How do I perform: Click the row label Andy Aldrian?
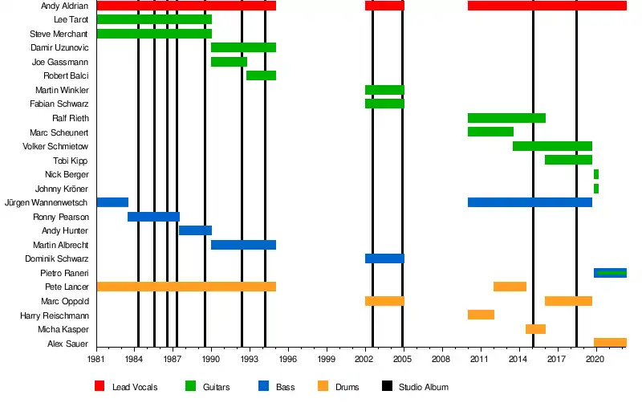[x=65, y=6]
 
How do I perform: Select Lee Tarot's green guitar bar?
[x=153, y=19]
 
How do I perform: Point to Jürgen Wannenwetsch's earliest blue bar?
[x=112, y=202]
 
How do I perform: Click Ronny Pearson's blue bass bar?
[x=153, y=217]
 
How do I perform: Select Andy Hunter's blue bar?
[x=195, y=230]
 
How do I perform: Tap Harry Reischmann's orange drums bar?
[x=481, y=315]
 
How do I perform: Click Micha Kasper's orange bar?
[x=535, y=329]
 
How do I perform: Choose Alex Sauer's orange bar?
[x=610, y=343]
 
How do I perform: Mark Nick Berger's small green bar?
[x=596, y=174]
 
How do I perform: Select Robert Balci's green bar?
[x=261, y=75]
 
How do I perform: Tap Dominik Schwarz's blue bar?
[x=384, y=258]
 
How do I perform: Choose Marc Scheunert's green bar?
[x=490, y=132]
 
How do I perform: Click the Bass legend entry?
[x=285, y=387]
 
